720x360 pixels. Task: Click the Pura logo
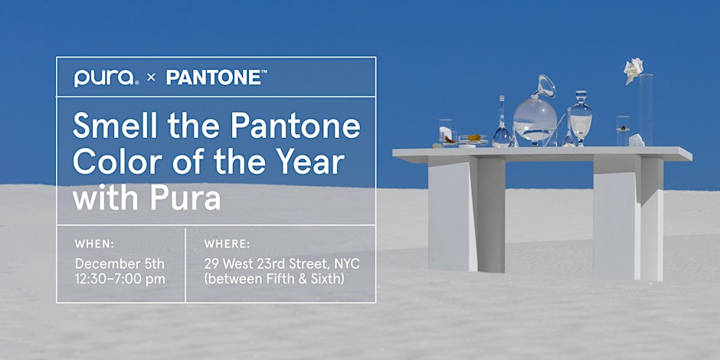tap(105, 77)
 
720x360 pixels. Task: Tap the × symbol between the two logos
tap(151, 78)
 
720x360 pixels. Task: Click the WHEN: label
tap(96, 244)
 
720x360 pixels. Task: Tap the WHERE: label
tap(227, 244)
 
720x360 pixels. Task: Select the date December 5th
tap(119, 264)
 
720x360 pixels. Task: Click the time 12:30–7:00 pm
tap(119, 279)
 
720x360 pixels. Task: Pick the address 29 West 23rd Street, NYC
tap(282, 264)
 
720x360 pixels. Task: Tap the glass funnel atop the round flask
tap(545, 87)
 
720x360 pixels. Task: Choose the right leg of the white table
tap(627, 218)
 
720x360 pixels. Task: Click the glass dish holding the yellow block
tap(473, 140)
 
